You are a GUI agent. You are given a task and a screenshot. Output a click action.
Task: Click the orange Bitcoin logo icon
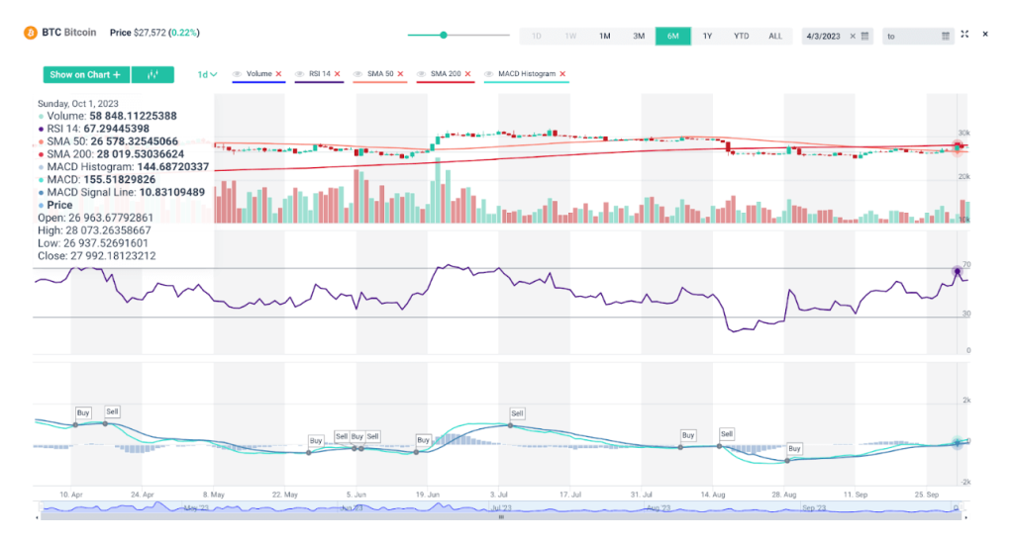(x=30, y=33)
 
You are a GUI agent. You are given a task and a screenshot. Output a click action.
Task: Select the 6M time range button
(x=672, y=36)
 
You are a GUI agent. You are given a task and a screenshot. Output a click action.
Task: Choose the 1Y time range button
(x=707, y=36)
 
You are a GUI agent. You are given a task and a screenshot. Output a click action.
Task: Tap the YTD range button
(x=741, y=36)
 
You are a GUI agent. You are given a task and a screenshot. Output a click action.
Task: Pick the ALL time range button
(x=775, y=36)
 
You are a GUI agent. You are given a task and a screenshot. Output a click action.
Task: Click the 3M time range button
(x=639, y=36)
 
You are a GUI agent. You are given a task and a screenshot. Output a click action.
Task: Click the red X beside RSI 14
(x=337, y=74)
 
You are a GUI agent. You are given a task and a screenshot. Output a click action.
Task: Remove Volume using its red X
(x=278, y=74)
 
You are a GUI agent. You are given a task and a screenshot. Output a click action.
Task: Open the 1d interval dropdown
(x=207, y=74)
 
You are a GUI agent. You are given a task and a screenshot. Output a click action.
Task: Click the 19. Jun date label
(x=428, y=493)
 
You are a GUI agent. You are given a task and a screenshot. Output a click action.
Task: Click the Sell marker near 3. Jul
(x=517, y=412)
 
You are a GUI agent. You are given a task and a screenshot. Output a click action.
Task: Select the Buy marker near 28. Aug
(x=794, y=448)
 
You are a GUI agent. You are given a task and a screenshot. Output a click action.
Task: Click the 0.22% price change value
(x=184, y=33)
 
